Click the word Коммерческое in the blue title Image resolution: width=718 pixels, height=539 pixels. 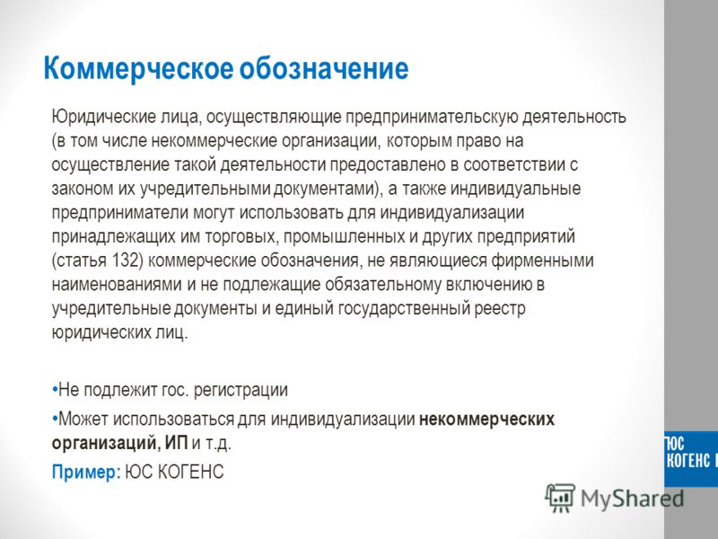138,69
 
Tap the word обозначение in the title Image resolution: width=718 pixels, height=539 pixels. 324,68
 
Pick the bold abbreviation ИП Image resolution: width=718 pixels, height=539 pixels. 176,443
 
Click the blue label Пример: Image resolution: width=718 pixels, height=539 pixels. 86,473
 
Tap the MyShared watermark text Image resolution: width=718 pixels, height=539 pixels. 632,499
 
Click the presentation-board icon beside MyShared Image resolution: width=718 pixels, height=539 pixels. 560,498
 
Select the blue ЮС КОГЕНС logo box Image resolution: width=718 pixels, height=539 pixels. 691,459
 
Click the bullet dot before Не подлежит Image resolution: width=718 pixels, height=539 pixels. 55,391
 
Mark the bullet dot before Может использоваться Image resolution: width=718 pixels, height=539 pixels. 55,419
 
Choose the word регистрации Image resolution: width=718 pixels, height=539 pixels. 241,391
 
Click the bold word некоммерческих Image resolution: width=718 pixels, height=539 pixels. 486,420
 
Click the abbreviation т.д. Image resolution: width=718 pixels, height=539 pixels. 217,443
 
